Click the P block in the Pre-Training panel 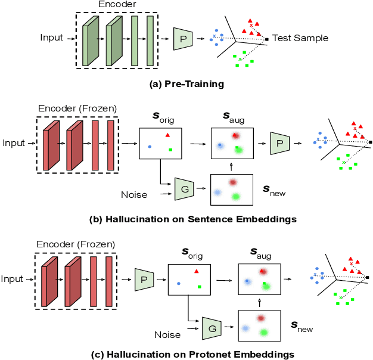pos(183,38)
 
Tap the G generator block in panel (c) pos(212,327)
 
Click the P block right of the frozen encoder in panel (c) pos(143,279)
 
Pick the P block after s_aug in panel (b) pos(279,144)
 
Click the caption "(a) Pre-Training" pos(186,84)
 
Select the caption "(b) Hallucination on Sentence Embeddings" pos(192,219)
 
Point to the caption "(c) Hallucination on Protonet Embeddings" pos(192,354)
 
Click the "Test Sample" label pos(300,38)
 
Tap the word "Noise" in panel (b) pos(134,195)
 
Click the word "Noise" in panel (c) pos(167,334)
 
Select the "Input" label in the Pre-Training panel pos(52,38)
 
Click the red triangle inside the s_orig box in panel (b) pos(167,135)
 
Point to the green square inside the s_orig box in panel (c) pos(200,287)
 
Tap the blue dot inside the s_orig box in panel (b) pos(149,146)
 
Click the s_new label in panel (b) pos(275,189)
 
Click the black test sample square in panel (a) pos(266,39)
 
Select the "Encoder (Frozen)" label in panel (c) pos(76,244)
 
